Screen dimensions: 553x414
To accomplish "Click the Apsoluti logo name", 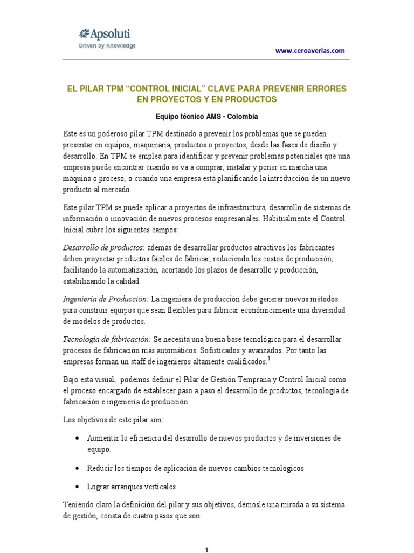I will click(x=107, y=33).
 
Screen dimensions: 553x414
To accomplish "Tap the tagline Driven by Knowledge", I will click(x=107, y=45).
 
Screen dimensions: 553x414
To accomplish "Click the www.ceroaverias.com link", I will click(x=309, y=51).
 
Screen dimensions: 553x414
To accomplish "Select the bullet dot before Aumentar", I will click(x=80, y=438).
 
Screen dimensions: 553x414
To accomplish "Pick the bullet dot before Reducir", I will click(x=80, y=468).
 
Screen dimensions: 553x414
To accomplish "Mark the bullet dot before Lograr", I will click(x=80, y=487).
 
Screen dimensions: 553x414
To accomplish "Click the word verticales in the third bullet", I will click(x=157, y=487).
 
